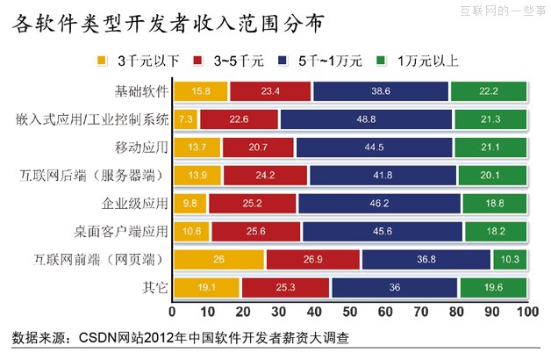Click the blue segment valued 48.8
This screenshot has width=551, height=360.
367,119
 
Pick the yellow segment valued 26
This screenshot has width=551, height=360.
218,259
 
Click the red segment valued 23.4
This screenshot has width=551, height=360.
269,91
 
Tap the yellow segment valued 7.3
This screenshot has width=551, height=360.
186,119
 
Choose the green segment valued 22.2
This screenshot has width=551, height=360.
488,91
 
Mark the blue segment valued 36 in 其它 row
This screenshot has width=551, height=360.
394,287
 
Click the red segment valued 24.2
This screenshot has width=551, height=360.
265,176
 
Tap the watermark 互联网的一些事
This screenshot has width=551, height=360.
501,11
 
